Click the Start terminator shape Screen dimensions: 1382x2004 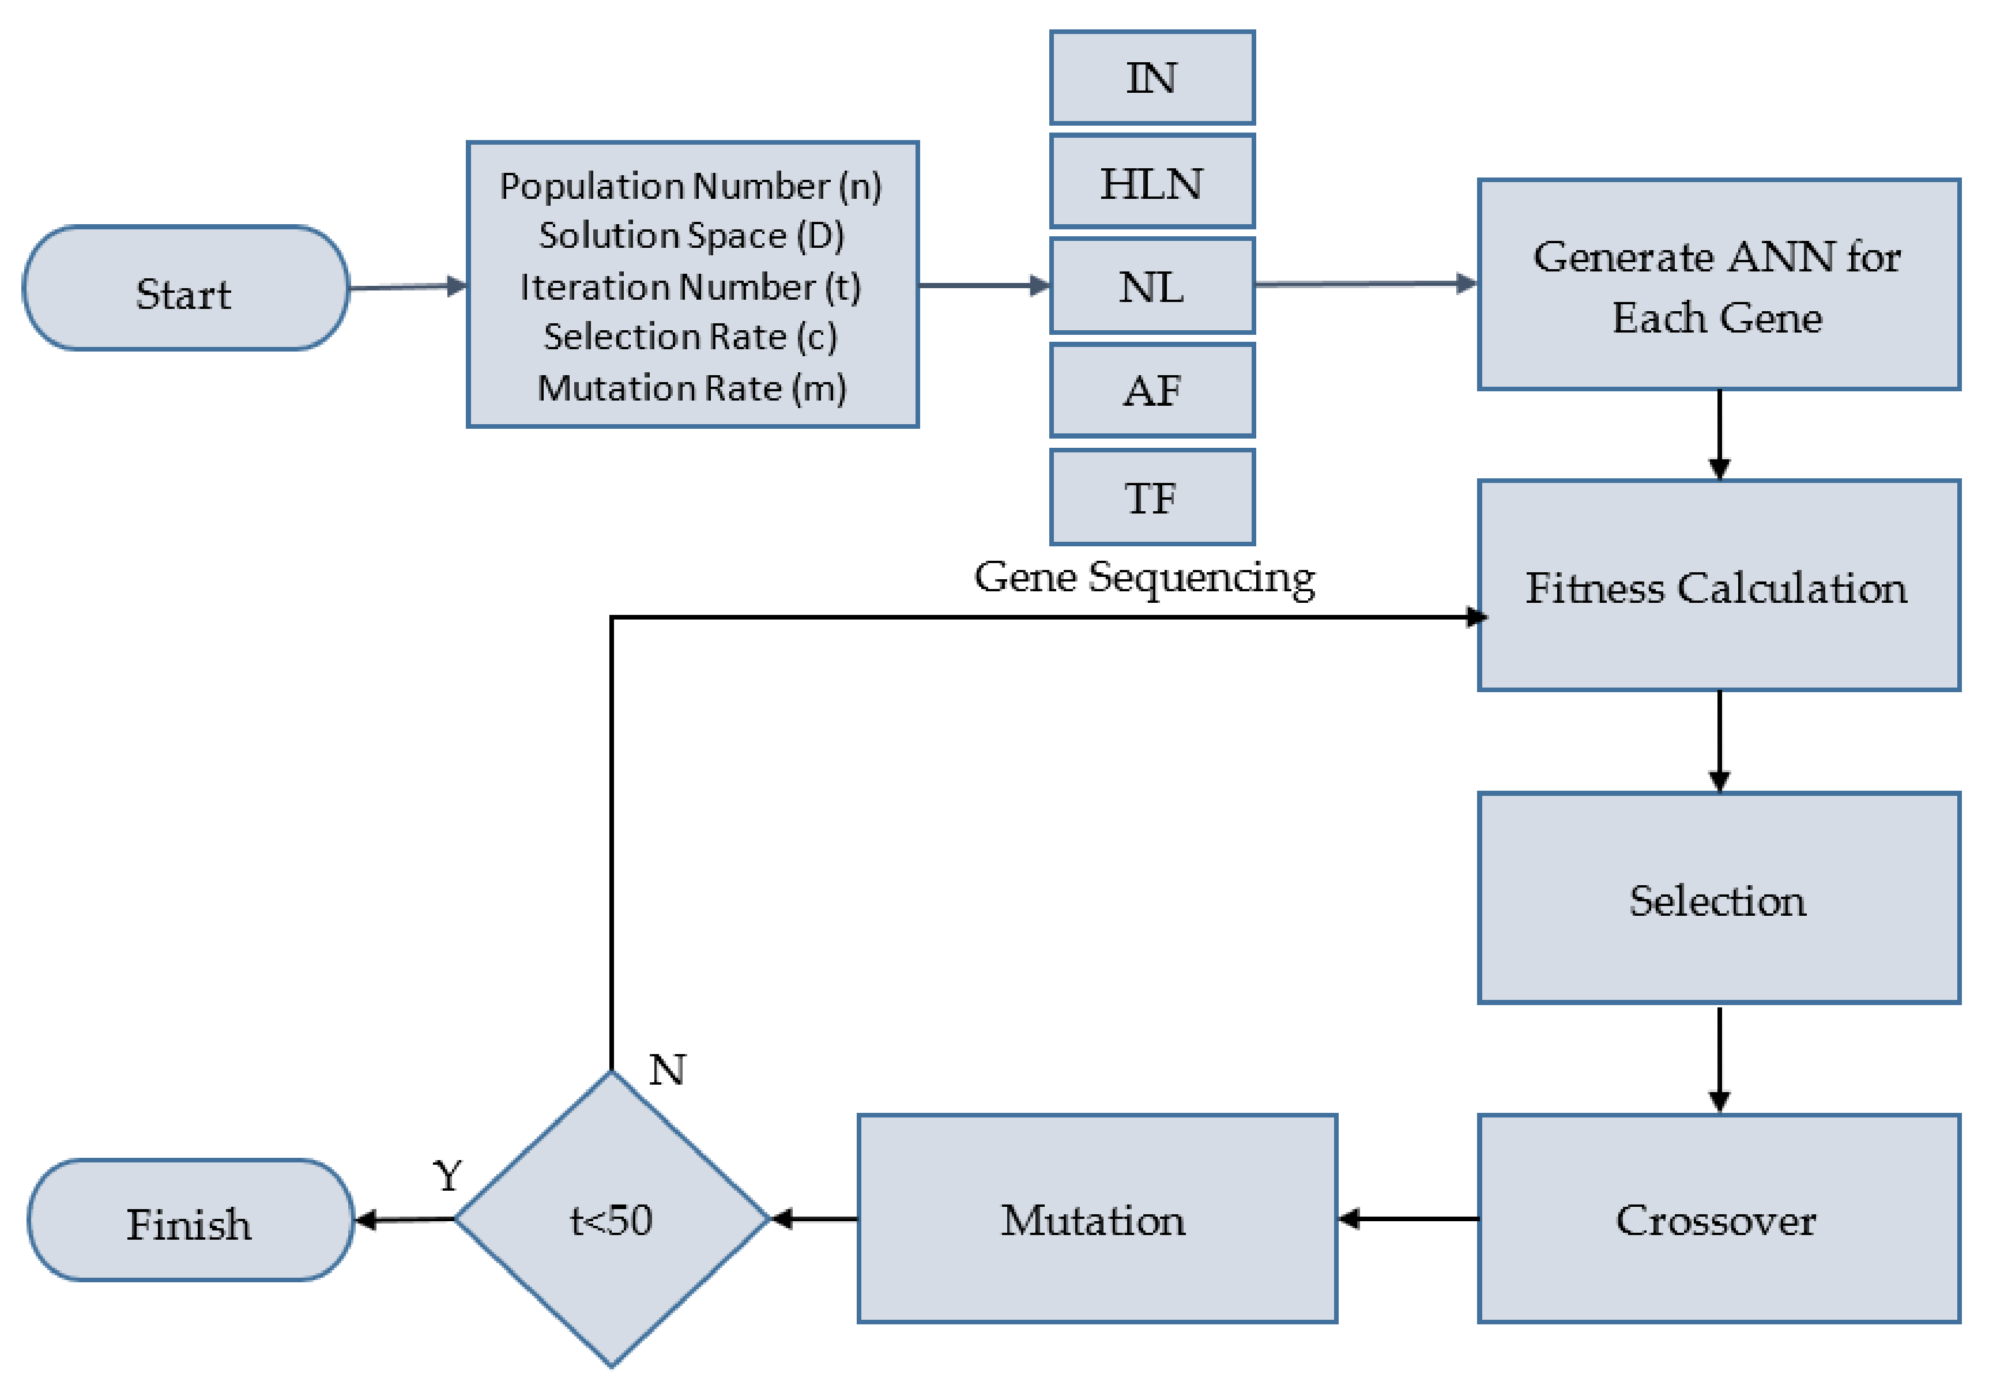[x=185, y=288]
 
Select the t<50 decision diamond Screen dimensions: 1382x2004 [x=612, y=1219]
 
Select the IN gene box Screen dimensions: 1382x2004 [x=1152, y=78]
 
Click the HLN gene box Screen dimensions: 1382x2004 [x=1152, y=182]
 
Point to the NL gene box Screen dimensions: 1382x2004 [x=1152, y=286]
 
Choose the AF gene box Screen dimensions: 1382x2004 [x=1152, y=391]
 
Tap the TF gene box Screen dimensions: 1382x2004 [x=1152, y=497]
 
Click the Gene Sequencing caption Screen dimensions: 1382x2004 [x=1144, y=577]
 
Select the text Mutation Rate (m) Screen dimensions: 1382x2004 [x=692, y=387]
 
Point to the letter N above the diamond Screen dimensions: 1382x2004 [x=667, y=1070]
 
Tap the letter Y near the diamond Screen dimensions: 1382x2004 [x=448, y=1176]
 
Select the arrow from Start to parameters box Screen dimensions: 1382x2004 [x=407, y=286]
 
